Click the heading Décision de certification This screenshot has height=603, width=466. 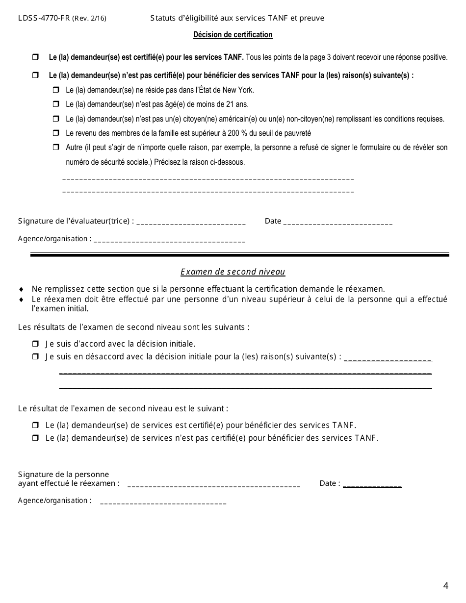233,35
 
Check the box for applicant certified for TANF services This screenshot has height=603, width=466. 35,57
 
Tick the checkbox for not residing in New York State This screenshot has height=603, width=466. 55,90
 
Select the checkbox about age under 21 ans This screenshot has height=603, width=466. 55,104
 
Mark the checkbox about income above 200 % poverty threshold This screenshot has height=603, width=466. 55,133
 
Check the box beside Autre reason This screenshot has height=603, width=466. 55,148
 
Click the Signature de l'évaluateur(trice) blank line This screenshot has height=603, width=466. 191,223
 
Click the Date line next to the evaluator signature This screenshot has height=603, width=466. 338,223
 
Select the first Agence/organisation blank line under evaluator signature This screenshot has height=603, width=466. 169,241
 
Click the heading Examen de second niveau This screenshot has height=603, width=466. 233,272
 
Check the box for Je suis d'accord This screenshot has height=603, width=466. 35,344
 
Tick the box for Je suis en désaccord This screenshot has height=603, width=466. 35,357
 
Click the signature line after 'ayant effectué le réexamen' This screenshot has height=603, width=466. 213,485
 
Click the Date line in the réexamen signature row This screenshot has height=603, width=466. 372,485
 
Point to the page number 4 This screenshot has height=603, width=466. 445,585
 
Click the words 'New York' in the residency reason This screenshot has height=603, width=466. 239,90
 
